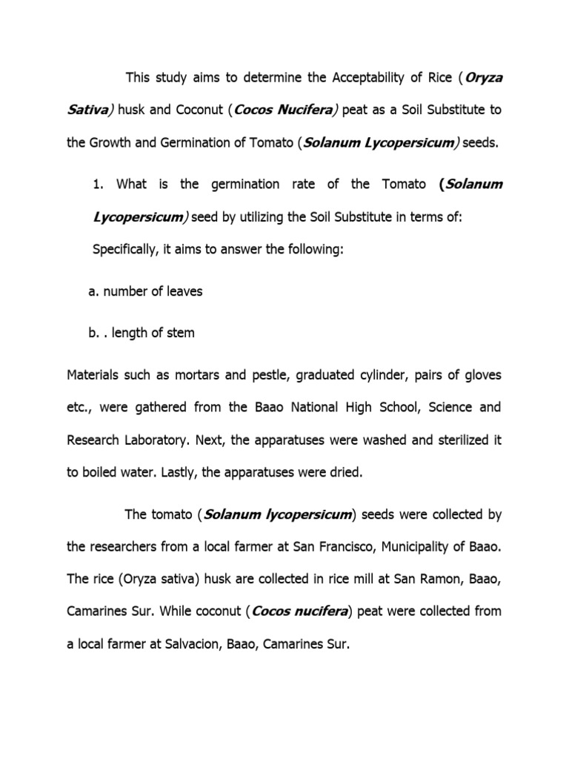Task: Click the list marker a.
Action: click(x=93, y=291)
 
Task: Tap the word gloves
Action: click(x=482, y=374)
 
